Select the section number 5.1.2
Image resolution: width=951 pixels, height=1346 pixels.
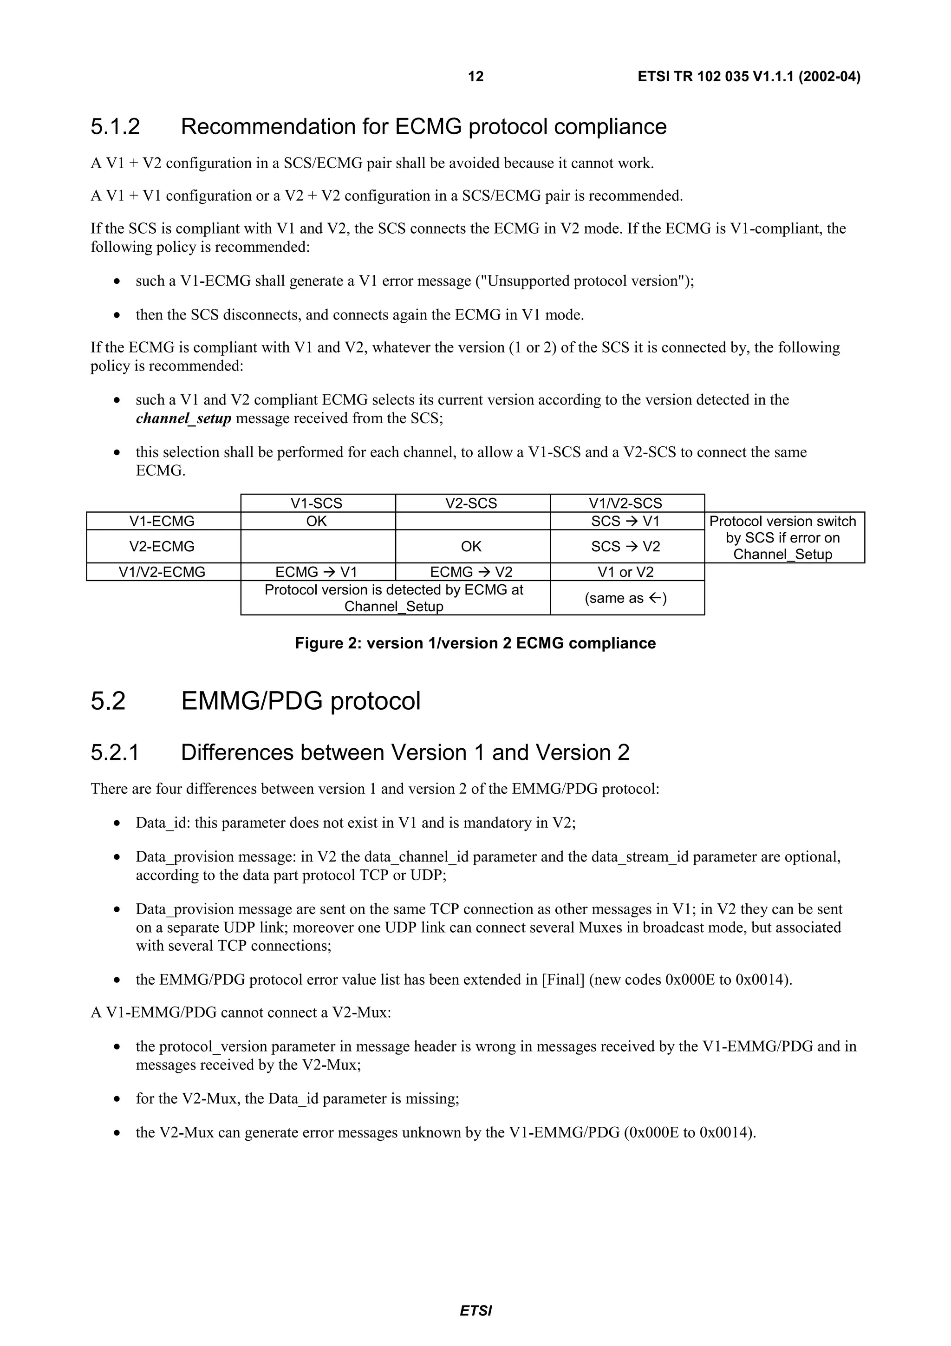tap(116, 127)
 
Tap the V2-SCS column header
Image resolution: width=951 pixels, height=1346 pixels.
tap(471, 503)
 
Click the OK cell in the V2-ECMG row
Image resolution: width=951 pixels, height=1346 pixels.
tap(471, 546)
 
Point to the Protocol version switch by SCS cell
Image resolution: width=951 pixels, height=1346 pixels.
tap(783, 537)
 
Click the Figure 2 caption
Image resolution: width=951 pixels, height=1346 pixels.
tap(475, 643)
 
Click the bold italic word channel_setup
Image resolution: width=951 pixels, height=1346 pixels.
tap(183, 418)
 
